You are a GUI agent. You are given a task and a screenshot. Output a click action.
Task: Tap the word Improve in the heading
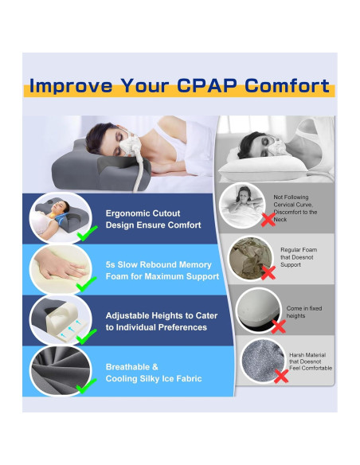pyautogui.click(x=71, y=85)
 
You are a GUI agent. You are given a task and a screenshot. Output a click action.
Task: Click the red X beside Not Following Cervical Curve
pyautogui.click(x=268, y=219)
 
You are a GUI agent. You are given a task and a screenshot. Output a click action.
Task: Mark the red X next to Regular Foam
pyautogui.click(x=268, y=273)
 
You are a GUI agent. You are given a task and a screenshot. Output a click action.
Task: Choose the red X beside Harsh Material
pyautogui.click(x=280, y=376)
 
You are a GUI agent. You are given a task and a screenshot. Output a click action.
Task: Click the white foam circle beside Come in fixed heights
pyautogui.click(x=259, y=309)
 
